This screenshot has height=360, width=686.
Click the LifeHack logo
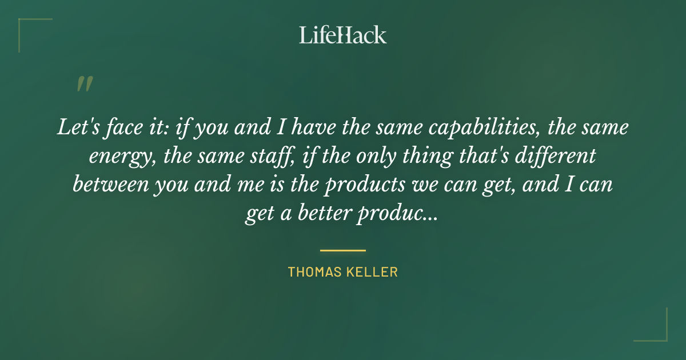343,35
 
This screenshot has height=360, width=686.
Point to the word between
108,185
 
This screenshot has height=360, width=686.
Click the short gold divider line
343,250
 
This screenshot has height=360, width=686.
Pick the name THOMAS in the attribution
315,272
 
